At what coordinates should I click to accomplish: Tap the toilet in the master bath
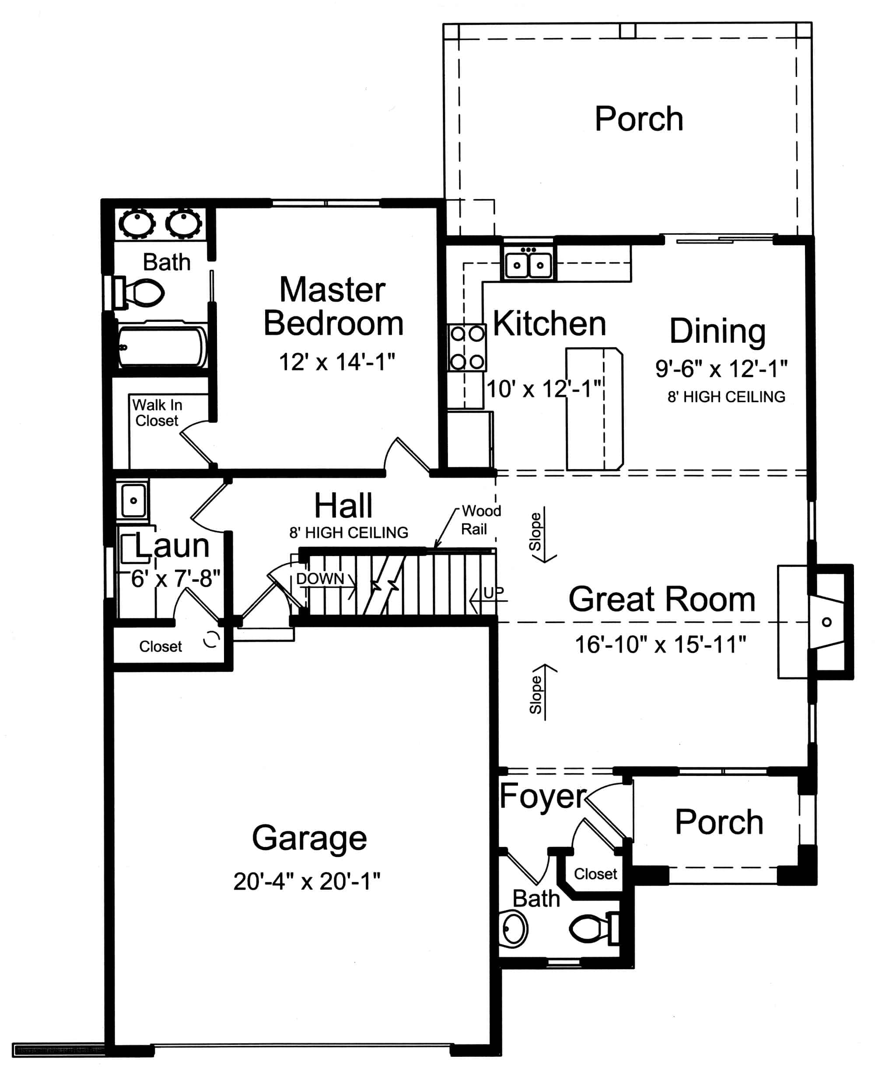(x=143, y=293)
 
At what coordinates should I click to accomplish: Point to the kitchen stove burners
(x=467, y=348)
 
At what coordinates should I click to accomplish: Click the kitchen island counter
(x=594, y=408)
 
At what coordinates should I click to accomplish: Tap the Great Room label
(x=662, y=599)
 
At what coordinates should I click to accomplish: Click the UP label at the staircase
(x=493, y=593)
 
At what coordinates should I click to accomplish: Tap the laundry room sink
(x=133, y=500)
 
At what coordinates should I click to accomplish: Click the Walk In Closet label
(x=157, y=413)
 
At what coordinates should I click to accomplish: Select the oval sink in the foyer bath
(x=514, y=928)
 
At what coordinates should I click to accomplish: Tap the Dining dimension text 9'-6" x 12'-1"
(x=721, y=369)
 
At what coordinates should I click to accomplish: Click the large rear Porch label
(x=639, y=119)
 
